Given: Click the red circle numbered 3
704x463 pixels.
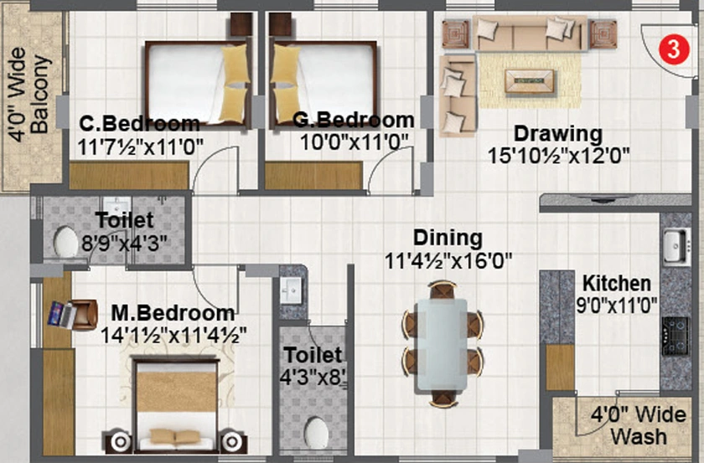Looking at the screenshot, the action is (674, 49).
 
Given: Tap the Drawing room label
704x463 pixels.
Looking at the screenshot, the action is (558, 134).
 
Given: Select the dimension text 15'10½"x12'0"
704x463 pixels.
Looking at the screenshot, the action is (558, 156).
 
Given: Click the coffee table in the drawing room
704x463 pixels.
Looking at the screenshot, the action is (530, 81).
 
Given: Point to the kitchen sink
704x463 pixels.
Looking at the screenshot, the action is (676, 245).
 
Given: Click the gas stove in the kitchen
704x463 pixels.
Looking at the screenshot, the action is (676, 336).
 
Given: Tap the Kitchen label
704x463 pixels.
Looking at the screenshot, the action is (617, 284).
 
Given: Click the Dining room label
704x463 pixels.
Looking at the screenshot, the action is (448, 238).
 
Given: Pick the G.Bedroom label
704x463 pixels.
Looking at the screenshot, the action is (354, 121).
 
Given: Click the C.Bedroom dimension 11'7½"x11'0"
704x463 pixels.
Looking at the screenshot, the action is (141, 147).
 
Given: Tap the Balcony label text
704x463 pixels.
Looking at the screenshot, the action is (39, 95).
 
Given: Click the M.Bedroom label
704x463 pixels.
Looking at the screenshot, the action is (173, 313).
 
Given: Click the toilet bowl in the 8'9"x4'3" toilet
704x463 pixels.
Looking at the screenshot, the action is (65, 241).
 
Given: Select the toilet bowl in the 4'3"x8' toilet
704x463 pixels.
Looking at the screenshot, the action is (316, 433).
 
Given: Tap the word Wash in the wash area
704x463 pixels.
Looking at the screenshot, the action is (639, 436).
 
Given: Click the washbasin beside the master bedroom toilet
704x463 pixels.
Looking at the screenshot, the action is (291, 291).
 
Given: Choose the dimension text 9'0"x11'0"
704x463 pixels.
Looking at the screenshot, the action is (617, 306).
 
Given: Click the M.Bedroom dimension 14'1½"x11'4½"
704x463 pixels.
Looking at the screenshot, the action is (173, 336).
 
